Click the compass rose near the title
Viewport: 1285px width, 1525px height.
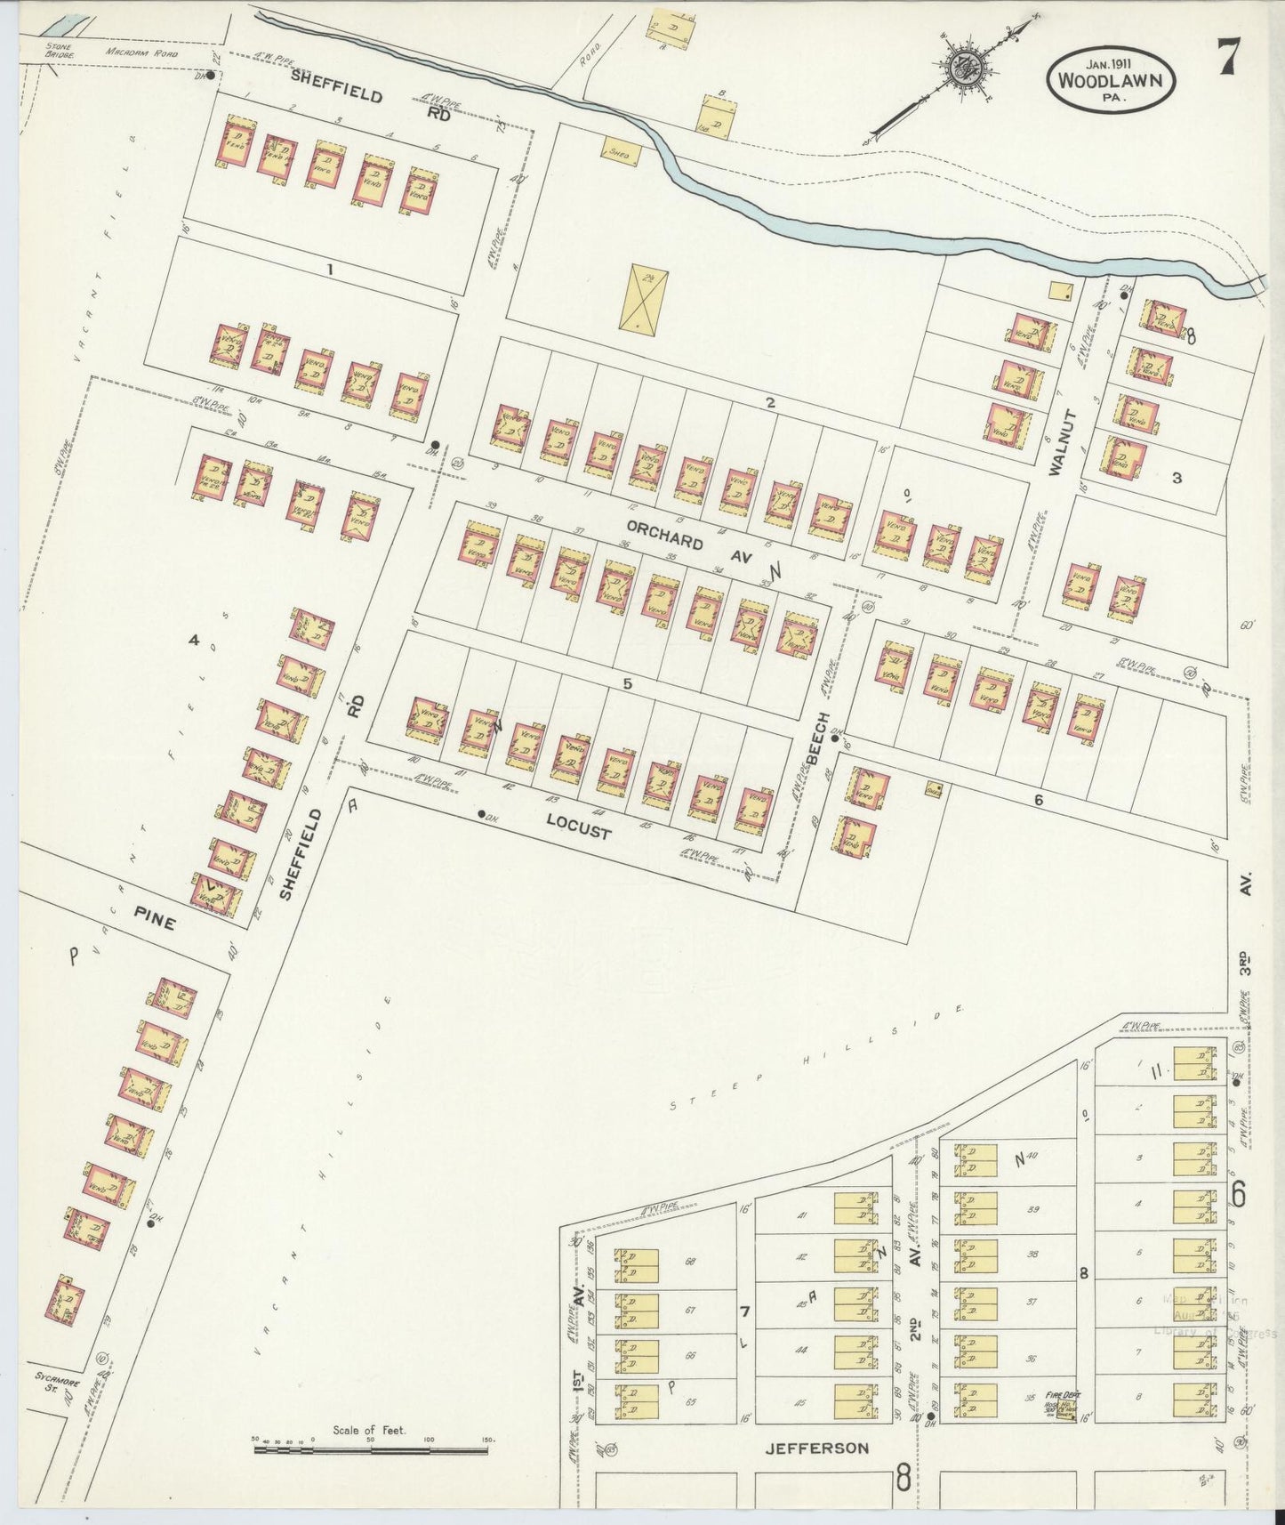point(961,69)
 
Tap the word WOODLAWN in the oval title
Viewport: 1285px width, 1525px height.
point(1112,79)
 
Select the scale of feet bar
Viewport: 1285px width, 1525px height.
point(371,1449)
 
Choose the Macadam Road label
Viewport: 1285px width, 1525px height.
point(142,53)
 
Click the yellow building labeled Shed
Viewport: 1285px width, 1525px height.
point(622,153)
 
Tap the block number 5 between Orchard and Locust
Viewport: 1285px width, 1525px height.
point(628,684)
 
